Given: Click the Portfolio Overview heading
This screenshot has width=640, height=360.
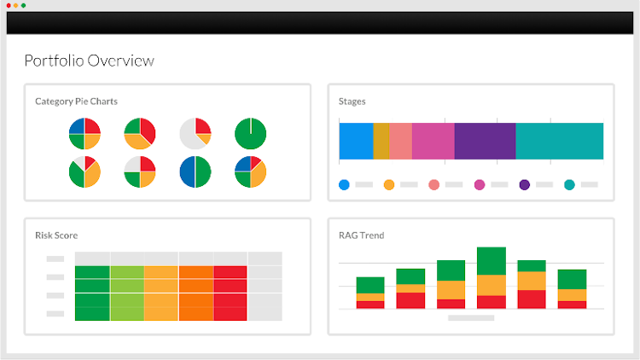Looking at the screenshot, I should pyautogui.click(x=90, y=61).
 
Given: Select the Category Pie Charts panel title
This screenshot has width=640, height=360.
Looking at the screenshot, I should pyautogui.click(x=76, y=102).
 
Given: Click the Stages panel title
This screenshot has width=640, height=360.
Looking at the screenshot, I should pyautogui.click(x=352, y=102).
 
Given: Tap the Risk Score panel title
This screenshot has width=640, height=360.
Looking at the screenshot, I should pyautogui.click(x=56, y=235).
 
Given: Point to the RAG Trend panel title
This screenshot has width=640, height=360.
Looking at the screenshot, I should pyautogui.click(x=361, y=235).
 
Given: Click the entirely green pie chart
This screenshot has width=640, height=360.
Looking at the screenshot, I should pyautogui.click(x=250, y=133).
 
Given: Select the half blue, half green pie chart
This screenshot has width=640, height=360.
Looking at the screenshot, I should pyautogui.click(x=195, y=171).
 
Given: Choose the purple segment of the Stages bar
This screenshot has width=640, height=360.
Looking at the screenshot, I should pyautogui.click(x=485, y=141).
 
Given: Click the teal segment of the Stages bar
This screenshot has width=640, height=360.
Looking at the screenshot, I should pyautogui.click(x=560, y=141).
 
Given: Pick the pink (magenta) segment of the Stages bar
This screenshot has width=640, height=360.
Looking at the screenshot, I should pyautogui.click(x=433, y=141).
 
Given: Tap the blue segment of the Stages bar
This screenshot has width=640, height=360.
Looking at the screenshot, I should pyautogui.click(x=356, y=141).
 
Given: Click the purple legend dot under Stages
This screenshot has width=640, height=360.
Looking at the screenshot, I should pyautogui.click(x=524, y=184).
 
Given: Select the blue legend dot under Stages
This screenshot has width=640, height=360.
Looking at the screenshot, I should pyautogui.click(x=344, y=184).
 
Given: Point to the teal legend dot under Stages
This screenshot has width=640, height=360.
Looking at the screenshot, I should pyautogui.click(x=569, y=184).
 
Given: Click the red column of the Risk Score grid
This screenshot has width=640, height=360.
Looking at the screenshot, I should pyautogui.click(x=230, y=293).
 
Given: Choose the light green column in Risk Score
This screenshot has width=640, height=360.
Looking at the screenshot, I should pyautogui.click(x=126, y=293).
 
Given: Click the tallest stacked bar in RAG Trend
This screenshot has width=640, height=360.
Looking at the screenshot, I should pyautogui.click(x=492, y=277).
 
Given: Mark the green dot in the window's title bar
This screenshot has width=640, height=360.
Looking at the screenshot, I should pyautogui.click(x=24, y=6).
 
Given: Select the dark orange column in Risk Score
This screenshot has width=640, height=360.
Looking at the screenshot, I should pyautogui.click(x=195, y=293).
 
